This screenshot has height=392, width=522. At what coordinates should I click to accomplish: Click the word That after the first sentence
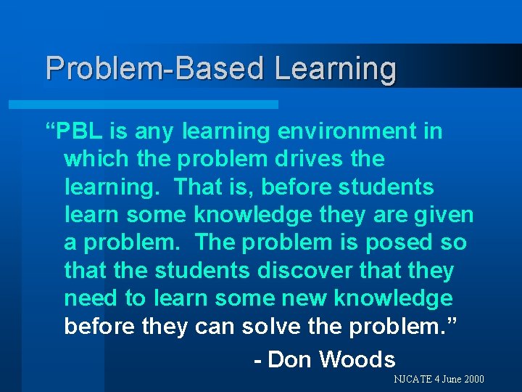point(199,187)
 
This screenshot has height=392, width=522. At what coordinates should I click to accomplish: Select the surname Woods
point(357,359)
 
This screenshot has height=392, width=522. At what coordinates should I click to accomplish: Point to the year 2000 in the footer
point(472,380)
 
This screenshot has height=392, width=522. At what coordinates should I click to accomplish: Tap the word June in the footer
point(449,380)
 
